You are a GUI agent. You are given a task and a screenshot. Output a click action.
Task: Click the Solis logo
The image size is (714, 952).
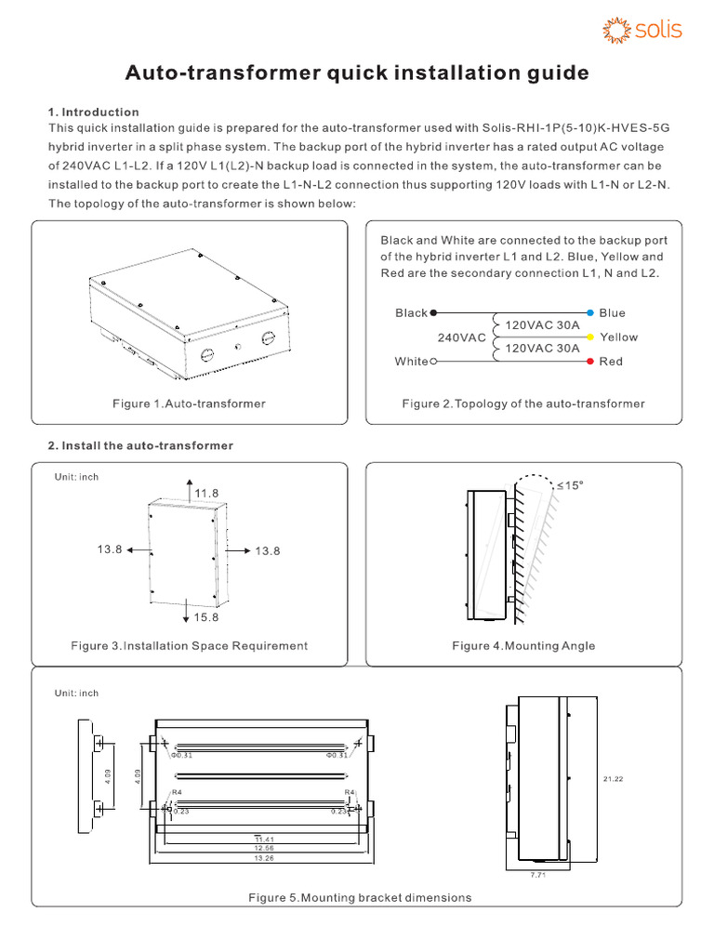tap(643, 30)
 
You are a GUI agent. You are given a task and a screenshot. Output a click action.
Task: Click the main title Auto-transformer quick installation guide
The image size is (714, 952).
tap(357, 73)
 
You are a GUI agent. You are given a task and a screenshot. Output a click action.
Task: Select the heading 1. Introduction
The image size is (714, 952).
tap(94, 112)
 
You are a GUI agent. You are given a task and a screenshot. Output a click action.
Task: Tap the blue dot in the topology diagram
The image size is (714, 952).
tap(590, 313)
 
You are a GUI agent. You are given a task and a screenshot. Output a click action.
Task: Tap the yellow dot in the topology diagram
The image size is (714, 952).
tap(590, 337)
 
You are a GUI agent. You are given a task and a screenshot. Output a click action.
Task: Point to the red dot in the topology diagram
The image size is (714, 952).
tap(590, 361)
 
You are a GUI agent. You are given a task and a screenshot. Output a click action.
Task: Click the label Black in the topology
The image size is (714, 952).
tap(411, 313)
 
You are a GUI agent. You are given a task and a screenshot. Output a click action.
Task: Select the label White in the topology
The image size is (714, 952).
tap(411, 362)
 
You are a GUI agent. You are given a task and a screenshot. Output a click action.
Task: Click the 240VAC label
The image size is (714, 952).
tap(462, 337)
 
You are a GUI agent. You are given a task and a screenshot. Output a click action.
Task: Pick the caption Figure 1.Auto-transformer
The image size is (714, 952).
tap(189, 403)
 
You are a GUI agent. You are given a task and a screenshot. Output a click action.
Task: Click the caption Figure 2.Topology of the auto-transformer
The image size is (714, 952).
tap(523, 403)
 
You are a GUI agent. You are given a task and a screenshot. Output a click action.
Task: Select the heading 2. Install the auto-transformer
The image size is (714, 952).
tap(140, 446)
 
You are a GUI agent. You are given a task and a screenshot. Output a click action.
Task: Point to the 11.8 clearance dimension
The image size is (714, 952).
tap(206, 492)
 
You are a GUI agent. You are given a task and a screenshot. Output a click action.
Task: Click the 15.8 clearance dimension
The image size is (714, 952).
tap(206, 617)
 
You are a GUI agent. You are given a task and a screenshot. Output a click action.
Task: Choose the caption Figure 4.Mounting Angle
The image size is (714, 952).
tap(523, 645)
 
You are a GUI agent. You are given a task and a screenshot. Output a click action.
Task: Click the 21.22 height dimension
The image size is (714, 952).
tap(614, 779)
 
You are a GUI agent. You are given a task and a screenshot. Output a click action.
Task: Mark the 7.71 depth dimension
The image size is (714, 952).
tap(536, 875)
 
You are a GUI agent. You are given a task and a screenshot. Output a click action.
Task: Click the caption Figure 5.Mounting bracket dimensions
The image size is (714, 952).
tap(360, 897)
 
